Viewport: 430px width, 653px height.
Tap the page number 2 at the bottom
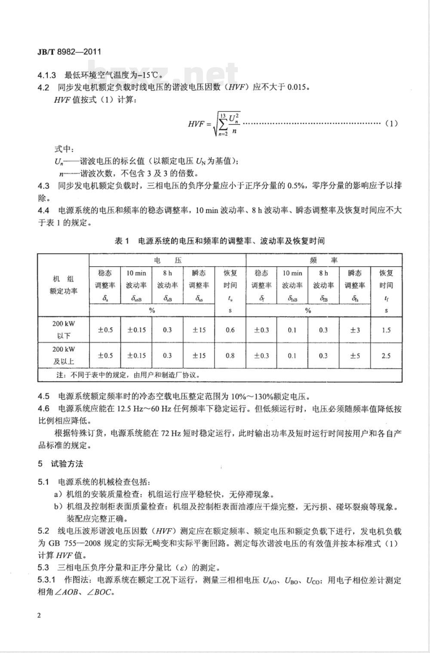(40, 616)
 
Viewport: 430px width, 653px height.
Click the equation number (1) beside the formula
(391, 123)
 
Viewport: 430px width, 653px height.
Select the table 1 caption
(219, 241)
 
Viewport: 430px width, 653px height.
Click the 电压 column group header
(167, 260)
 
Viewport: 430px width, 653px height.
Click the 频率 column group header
(324, 260)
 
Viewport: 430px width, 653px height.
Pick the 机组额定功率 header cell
(64, 285)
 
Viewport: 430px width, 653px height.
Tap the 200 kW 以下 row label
(64, 330)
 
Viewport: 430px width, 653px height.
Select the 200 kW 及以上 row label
(64, 355)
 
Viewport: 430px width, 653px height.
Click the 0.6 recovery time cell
(230, 330)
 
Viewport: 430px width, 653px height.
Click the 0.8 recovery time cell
(230, 356)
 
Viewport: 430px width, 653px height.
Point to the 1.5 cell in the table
(386, 330)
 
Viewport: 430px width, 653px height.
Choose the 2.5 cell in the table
(386, 356)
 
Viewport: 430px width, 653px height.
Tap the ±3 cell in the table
(355, 330)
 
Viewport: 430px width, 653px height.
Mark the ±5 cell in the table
(355, 356)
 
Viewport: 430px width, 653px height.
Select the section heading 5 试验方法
(60, 464)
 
